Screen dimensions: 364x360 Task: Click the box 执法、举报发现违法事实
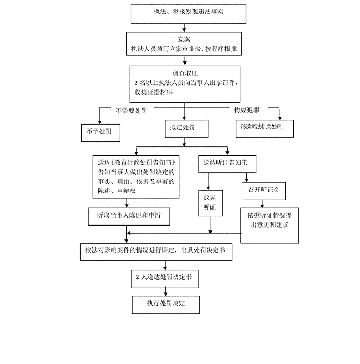[x=184, y=14]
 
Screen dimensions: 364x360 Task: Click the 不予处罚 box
[x=97, y=130]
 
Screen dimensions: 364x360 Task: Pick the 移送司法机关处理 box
[x=265, y=128]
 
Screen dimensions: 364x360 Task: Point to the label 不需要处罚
[x=131, y=110]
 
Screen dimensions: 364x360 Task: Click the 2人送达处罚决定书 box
[x=167, y=278]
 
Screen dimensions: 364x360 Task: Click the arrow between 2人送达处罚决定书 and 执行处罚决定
[x=166, y=290]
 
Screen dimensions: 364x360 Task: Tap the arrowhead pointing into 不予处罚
[x=99, y=121]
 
